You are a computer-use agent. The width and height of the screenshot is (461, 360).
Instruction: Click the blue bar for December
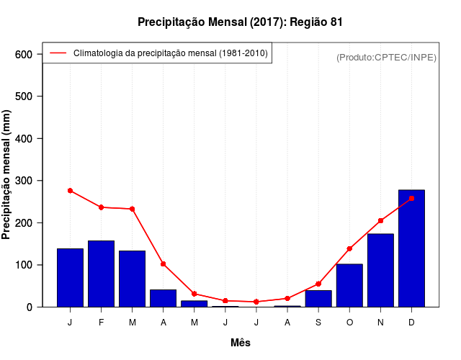pos(411,248)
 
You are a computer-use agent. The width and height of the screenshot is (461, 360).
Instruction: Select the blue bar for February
pos(101,274)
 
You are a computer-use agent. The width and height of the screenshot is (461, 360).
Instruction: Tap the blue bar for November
pos(380,270)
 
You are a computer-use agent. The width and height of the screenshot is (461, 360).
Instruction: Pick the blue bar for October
pos(349,285)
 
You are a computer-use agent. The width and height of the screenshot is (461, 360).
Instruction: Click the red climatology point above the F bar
pos(101,207)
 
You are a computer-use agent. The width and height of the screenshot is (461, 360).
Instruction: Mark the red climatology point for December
pos(411,198)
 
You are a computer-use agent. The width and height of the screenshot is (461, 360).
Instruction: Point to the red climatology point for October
pos(349,248)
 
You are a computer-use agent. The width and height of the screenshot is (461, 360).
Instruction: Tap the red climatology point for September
pos(318,284)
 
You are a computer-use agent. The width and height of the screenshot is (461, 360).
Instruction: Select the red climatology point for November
pos(380,221)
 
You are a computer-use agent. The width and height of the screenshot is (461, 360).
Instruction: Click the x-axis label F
pos(101,323)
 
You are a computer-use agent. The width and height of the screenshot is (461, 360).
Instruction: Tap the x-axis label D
pos(411,323)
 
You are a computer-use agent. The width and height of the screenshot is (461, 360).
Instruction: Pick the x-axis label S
pos(318,323)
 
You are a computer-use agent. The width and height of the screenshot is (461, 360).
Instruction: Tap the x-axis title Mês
pos(241,343)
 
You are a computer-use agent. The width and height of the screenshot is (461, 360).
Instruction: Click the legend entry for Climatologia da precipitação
pos(170,53)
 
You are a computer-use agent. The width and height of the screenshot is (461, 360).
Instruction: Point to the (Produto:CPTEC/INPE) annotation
pos(386,57)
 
